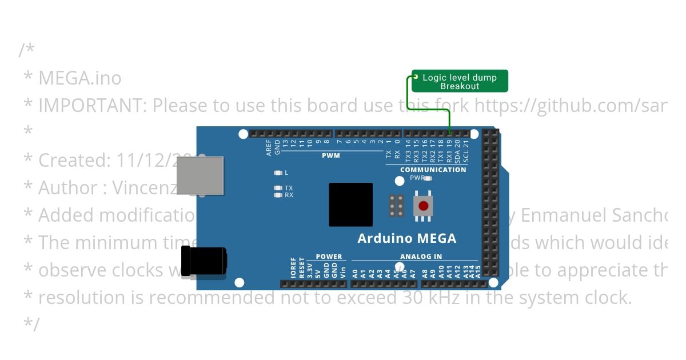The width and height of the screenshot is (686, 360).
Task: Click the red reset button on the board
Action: (423, 206)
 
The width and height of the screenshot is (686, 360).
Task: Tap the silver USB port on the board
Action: (200, 175)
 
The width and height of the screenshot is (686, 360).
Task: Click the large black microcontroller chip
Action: (350, 205)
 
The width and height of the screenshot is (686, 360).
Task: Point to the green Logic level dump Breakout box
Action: (460, 81)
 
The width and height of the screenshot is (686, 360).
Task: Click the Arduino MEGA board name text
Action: (406, 238)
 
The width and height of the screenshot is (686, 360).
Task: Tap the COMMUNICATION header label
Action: (433, 170)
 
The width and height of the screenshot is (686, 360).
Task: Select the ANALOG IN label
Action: (421, 257)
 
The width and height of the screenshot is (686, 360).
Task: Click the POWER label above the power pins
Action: (329, 257)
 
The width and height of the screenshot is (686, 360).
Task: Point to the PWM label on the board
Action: (330, 155)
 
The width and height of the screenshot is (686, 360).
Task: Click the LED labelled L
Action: (278, 173)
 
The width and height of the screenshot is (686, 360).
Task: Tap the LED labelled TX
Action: (278, 188)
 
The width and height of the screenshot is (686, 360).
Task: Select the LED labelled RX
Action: (278, 195)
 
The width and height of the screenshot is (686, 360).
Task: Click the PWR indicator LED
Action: (428, 178)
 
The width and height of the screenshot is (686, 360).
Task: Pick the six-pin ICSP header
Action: (396, 206)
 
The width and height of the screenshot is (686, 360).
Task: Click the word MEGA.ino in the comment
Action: (79, 78)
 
